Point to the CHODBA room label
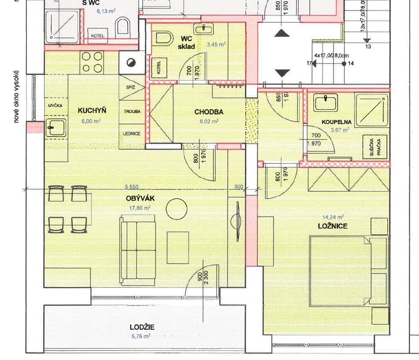(x=209, y=112)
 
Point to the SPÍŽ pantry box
(x=130, y=87)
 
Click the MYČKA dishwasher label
(x=56, y=106)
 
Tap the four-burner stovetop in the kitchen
(x=92, y=62)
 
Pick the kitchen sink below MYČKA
(x=56, y=127)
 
